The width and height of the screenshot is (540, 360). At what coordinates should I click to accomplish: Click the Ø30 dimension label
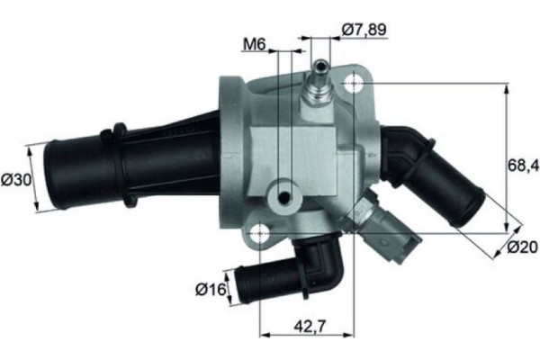point(17,179)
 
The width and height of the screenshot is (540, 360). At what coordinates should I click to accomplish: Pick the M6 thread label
point(255,44)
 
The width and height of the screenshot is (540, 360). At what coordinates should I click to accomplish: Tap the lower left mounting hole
point(261,233)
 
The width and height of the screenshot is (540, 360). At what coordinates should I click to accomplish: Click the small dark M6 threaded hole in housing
point(284,198)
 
